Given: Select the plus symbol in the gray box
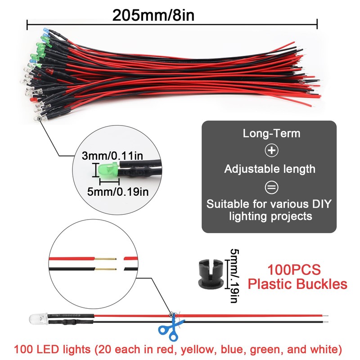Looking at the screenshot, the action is pos(271,151).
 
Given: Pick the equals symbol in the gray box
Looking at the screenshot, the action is pos(271,187).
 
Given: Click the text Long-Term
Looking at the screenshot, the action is pos(271,133).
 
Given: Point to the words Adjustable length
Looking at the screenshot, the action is pos(270,169).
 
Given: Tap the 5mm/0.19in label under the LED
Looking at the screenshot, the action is pos(117,192).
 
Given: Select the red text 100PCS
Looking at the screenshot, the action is pos(294,270).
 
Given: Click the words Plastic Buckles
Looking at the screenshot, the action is pos(298,284).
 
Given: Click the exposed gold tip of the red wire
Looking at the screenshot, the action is pos(107,260).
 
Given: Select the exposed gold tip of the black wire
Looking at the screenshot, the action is pos(107,269).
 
